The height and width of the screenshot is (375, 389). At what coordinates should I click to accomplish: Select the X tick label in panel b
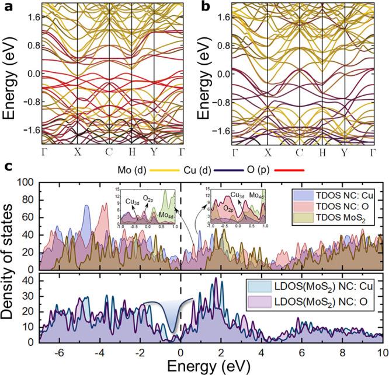(x=270, y=155)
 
